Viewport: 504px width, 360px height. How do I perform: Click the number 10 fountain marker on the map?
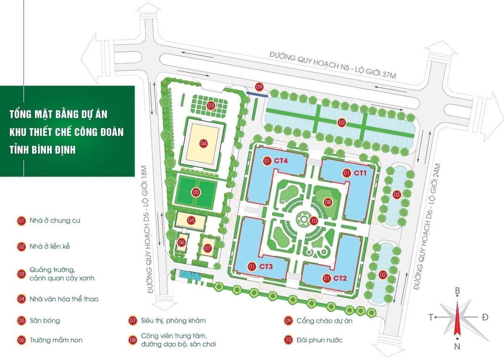click(x=313, y=220)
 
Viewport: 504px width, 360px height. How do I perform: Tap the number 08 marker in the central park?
click(x=328, y=202)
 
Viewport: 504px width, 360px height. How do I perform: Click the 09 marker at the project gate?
click(x=260, y=87)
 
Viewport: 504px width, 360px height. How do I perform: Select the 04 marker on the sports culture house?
click(x=204, y=143)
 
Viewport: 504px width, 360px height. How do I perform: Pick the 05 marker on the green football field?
click(x=196, y=192)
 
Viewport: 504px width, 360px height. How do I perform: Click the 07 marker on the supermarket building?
click(x=207, y=248)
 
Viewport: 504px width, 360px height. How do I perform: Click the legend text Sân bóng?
click(x=45, y=321)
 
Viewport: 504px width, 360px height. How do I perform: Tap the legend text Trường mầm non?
click(x=56, y=340)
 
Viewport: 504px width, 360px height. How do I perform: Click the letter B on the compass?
click(x=458, y=291)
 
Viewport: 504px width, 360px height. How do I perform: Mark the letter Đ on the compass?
click(x=485, y=317)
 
